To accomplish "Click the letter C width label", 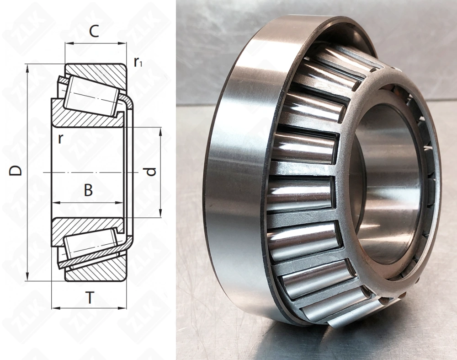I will click(x=94, y=32).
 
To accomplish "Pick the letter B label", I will click(x=88, y=190).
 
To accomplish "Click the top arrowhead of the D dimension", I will click(x=27, y=68).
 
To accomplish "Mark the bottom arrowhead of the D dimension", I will click(x=27, y=277).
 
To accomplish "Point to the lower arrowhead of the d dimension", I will click(x=160, y=213).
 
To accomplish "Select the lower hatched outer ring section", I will click(x=98, y=271).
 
